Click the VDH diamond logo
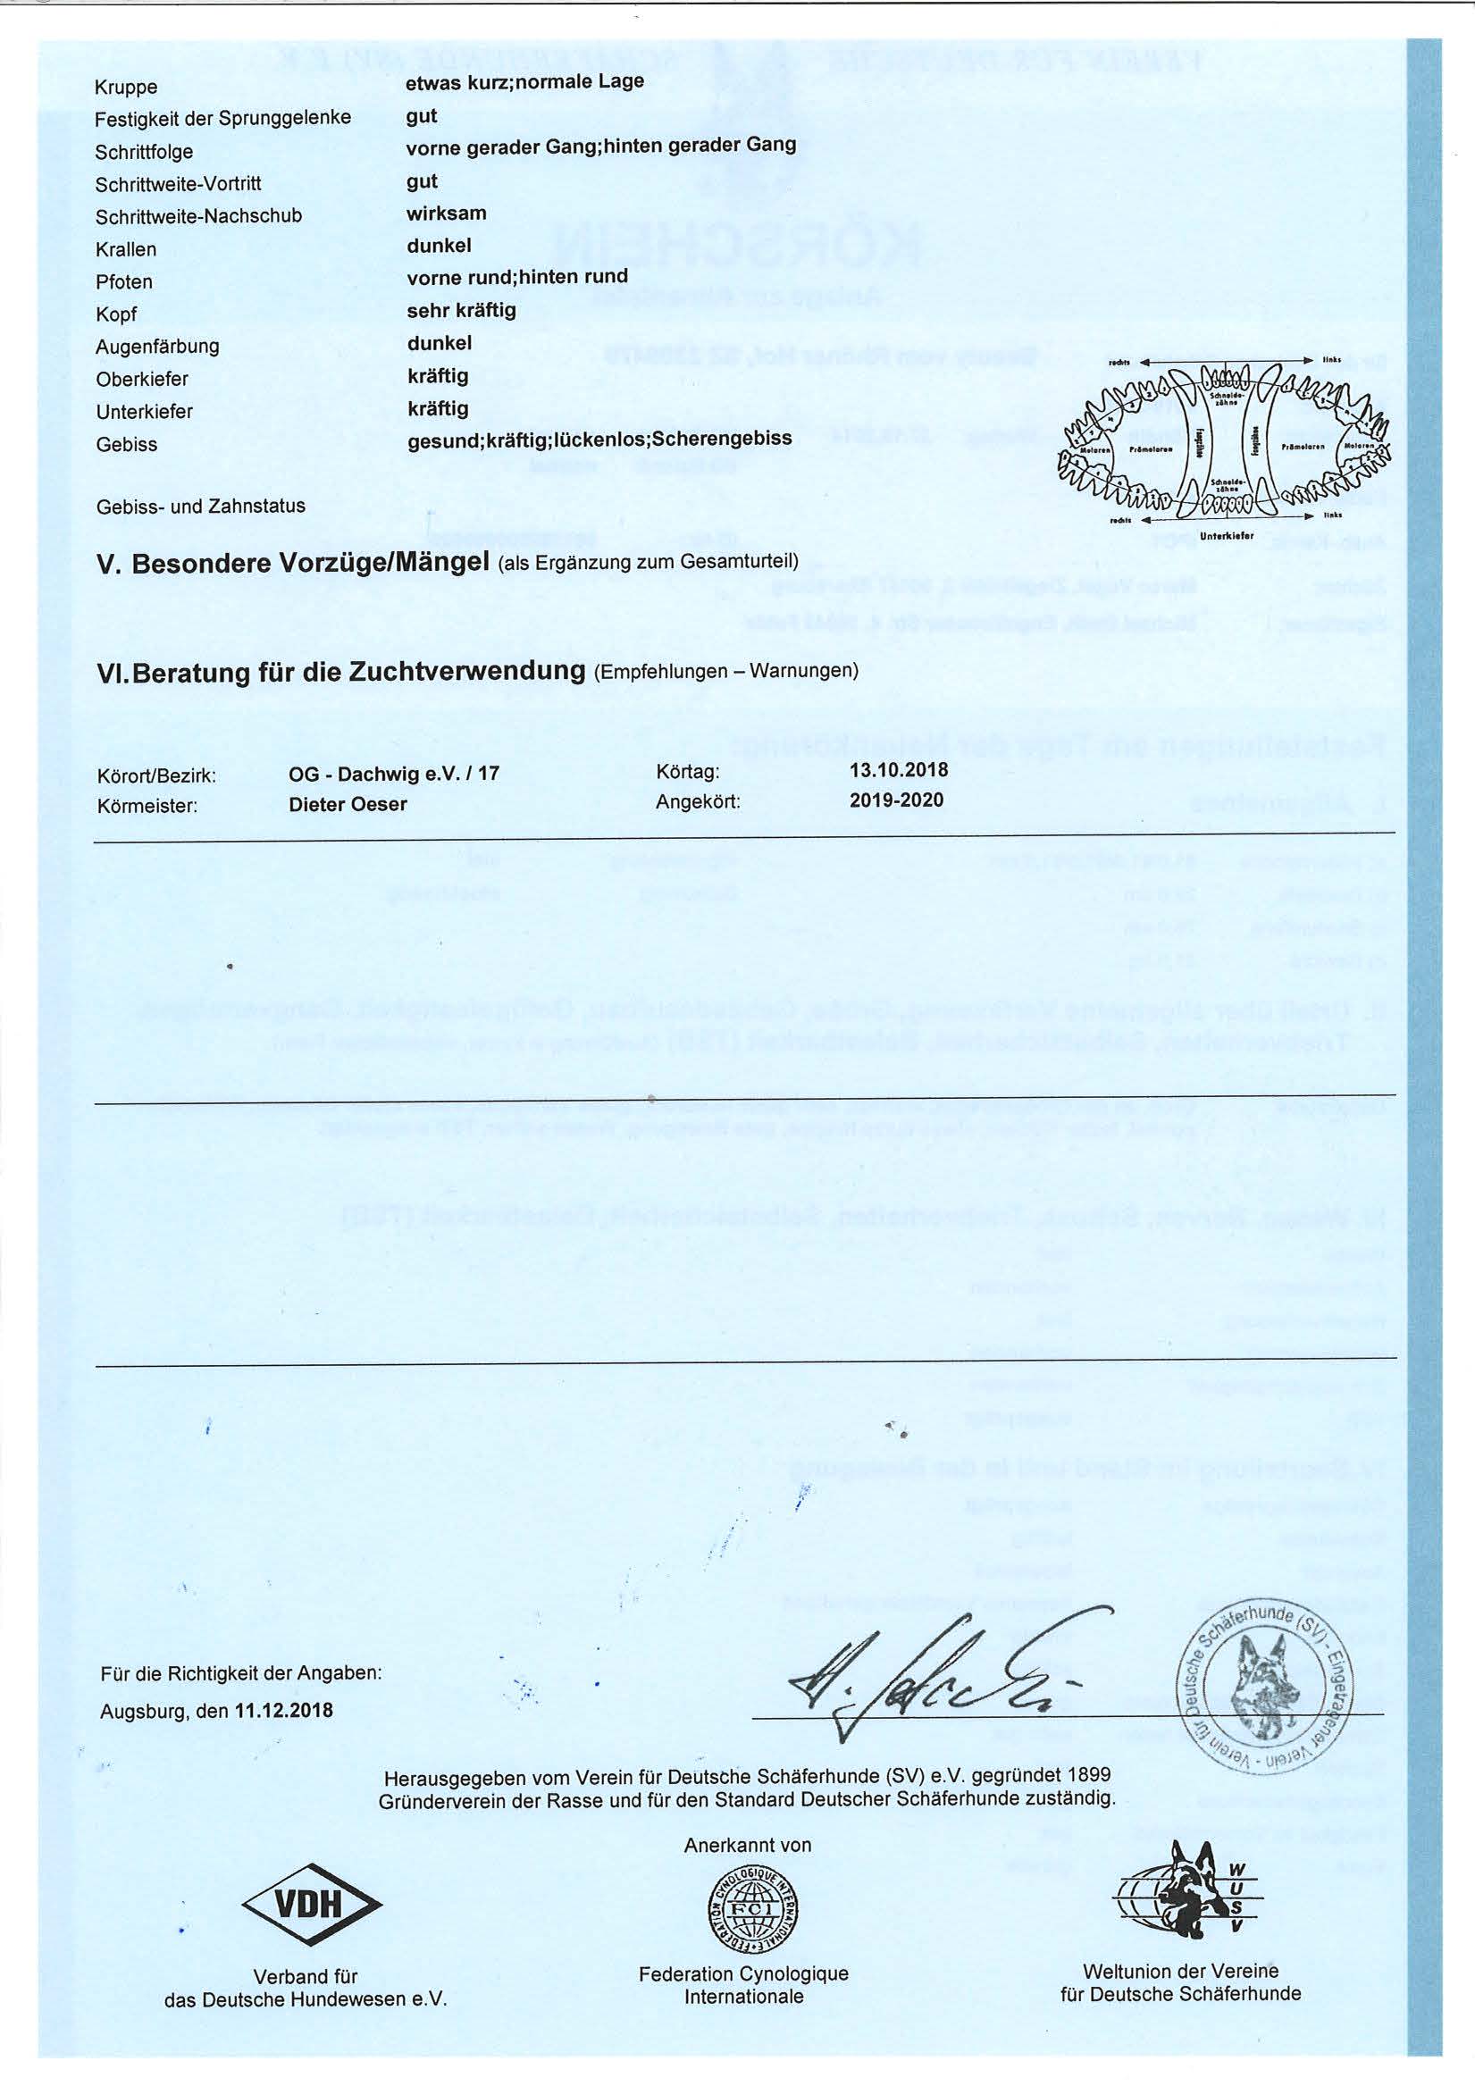pos(311,1902)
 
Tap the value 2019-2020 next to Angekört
pos(896,800)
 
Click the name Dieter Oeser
pos(348,804)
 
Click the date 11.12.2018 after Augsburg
pos(283,1736)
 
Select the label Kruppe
pos(126,88)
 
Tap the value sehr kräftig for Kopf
pos(462,311)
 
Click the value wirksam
pos(446,214)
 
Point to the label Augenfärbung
pos(157,347)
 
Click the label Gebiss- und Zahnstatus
pos(201,506)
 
